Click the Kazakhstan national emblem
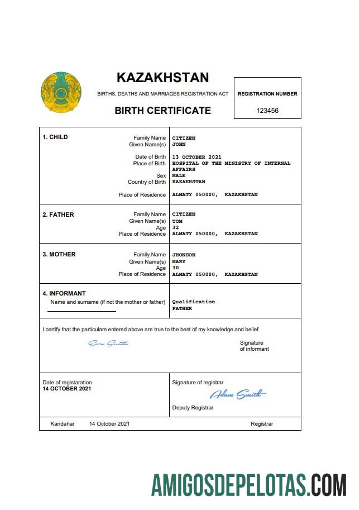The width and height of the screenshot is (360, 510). click(x=61, y=92)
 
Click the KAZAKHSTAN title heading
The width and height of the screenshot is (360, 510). click(x=162, y=77)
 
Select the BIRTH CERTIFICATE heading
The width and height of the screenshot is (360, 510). click(x=162, y=111)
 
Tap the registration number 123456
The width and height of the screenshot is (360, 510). click(x=267, y=111)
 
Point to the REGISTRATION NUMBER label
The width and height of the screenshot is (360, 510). click(x=267, y=94)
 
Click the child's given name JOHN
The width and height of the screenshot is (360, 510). click(x=179, y=144)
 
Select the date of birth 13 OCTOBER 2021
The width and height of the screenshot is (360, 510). click(x=196, y=157)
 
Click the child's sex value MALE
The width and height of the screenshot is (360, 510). click(x=179, y=175)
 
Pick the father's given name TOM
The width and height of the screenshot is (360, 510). click(x=177, y=221)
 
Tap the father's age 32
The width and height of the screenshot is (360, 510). click(x=176, y=227)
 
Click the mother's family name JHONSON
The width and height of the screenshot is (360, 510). click(x=184, y=255)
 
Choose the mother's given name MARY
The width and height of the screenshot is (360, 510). click(x=179, y=261)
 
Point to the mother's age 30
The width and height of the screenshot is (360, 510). click(x=176, y=268)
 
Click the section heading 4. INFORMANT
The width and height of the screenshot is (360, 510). click(x=64, y=293)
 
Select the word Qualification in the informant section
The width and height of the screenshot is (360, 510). click(x=193, y=302)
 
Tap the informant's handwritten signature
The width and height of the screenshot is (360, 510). click(x=108, y=343)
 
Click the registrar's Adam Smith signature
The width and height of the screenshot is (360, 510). click(x=238, y=395)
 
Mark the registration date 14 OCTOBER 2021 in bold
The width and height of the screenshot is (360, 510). click(x=67, y=388)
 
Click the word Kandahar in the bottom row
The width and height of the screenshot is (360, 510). click(x=62, y=424)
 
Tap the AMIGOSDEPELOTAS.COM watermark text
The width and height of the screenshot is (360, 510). click(x=249, y=484)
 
